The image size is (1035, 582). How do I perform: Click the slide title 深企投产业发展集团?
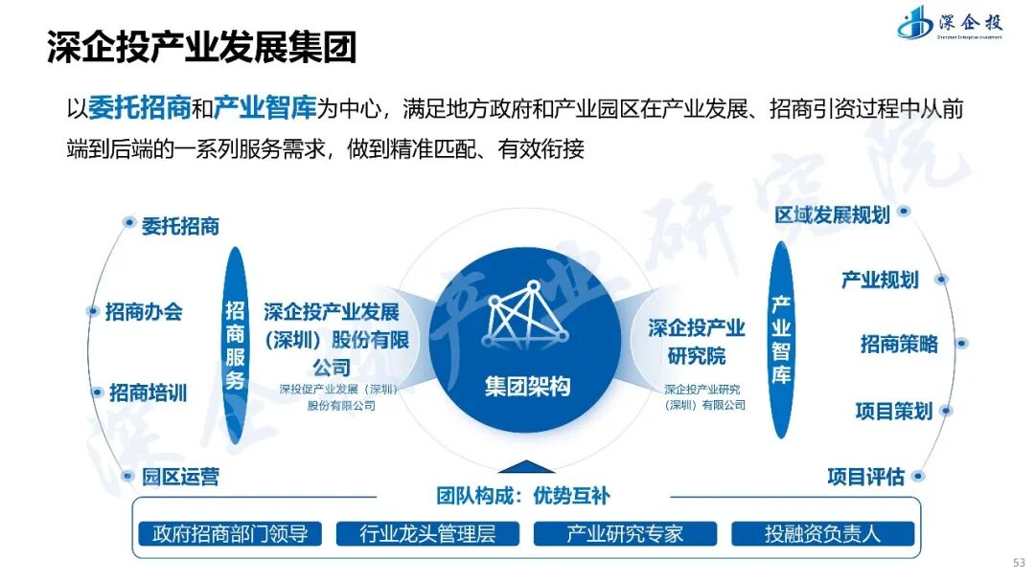tap(202, 47)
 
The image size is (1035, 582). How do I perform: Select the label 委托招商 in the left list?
tap(180, 226)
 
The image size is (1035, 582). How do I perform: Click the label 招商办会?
tap(144, 311)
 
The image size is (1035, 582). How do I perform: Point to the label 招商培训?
tap(148, 392)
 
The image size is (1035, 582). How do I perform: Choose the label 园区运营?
tap(180, 476)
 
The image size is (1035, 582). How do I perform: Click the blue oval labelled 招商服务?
tap(235, 345)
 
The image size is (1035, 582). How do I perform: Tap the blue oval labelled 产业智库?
tap(782, 340)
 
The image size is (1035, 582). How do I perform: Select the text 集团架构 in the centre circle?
tap(527, 387)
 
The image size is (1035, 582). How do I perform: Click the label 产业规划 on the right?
tap(880, 280)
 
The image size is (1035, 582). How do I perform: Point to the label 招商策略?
tap(899, 344)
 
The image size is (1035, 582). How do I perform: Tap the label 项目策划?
tap(893, 411)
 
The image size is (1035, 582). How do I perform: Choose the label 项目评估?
tap(865, 476)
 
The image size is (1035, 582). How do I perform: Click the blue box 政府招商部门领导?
tap(231, 534)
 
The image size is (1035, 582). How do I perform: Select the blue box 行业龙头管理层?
tap(427, 534)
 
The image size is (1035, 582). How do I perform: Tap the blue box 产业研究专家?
tap(625, 534)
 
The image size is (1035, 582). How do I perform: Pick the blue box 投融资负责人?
tap(822, 534)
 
